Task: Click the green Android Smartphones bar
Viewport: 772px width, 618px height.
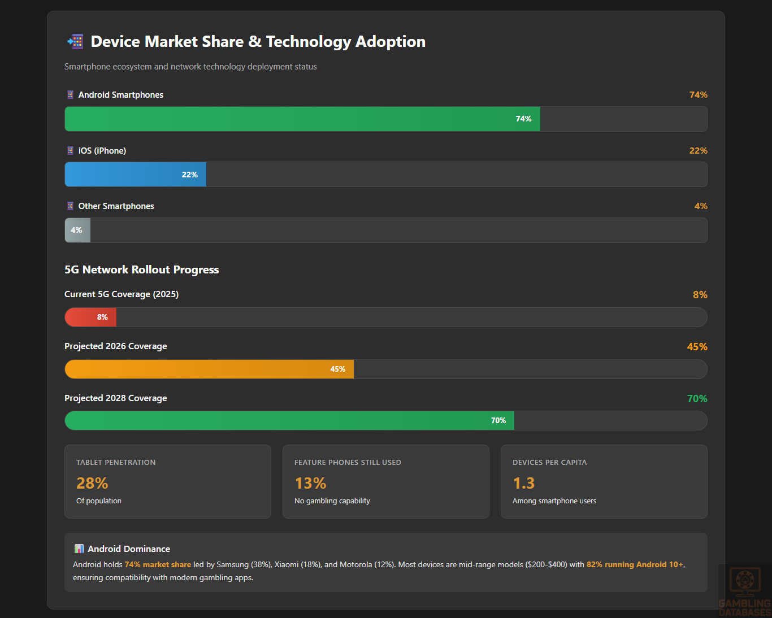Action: coord(302,119)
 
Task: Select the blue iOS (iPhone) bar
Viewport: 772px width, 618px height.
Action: coord(136,175)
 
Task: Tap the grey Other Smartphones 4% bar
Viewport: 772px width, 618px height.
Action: coord(77,230)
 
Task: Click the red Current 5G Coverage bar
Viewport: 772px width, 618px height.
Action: coord(90,317)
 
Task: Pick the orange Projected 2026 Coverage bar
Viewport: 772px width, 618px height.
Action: coord(209,369)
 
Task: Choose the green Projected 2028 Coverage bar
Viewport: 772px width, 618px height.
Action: coord(289,421)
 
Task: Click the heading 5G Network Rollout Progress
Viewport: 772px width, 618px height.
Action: coord(141,270)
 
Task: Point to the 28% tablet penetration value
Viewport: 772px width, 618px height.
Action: coord(92,484)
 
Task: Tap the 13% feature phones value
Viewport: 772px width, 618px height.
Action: coord(310,484)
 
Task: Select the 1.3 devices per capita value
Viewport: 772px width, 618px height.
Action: coord(523,484)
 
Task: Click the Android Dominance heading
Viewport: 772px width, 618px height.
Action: coord(129,549)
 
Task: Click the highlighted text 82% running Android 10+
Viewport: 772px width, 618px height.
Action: coord(635,565)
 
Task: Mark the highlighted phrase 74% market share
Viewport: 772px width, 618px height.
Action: coord(158,565)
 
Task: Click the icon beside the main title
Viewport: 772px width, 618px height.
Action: coord(75,42)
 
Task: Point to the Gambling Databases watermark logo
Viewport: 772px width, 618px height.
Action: coord(744,591)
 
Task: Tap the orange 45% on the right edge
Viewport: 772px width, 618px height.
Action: coord(697,347)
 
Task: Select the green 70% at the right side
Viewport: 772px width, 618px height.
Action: coord(697,399)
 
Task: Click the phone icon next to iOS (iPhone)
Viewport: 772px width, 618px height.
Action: coord(70,151)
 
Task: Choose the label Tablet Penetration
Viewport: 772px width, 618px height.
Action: coord(116,463)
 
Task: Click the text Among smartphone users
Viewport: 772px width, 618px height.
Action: coord(554,501)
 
